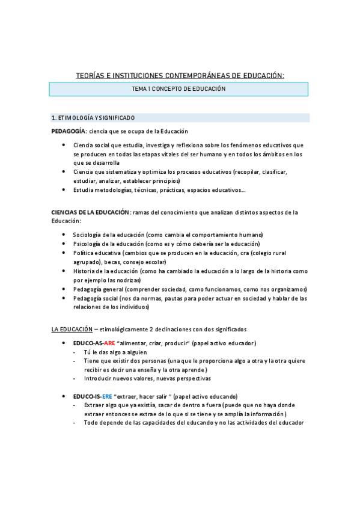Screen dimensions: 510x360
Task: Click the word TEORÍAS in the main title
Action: point(90,75)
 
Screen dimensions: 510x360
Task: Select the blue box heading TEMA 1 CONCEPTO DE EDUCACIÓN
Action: point(178,89)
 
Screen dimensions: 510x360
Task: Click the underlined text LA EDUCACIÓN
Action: point(72,330)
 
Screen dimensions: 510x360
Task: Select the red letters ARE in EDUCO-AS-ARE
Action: point(109,343)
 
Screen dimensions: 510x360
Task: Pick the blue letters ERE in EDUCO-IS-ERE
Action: point(107,397)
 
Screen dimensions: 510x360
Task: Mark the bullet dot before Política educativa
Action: point(64,253)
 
